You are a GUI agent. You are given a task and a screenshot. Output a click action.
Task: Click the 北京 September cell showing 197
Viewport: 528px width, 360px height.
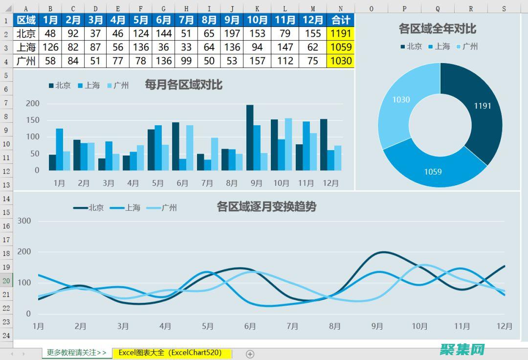click(232, 34)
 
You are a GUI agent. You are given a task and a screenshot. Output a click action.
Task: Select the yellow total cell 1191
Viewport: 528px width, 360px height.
click(341, 34)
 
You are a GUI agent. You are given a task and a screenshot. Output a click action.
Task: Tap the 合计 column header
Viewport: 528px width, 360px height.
click(341, 20)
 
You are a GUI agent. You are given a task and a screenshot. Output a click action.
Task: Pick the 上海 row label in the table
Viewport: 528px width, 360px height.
click(26, 47)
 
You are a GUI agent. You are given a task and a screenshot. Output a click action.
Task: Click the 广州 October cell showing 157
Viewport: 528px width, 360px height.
click(257, 61)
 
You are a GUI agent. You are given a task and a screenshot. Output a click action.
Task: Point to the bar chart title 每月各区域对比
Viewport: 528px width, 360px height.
click(183, 85)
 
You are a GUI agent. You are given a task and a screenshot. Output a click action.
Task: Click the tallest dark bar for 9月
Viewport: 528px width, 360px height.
click(250, 137)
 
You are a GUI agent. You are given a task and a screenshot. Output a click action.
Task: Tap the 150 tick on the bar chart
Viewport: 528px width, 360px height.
click(33, 120)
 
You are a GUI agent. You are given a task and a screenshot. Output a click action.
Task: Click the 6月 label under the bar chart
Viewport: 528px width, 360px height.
click(182, 183)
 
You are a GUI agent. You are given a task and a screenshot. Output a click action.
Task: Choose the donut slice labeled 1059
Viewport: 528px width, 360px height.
click(433, 169)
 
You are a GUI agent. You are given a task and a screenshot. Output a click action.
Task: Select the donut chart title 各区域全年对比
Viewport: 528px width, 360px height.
click(437, 29)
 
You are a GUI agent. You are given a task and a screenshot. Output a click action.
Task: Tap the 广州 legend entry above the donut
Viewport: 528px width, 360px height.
click(466, 46)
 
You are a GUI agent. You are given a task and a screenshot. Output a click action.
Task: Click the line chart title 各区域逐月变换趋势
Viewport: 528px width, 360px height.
click(266, 206)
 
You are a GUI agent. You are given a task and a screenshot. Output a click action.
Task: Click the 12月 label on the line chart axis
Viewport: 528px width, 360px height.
click(505, 326)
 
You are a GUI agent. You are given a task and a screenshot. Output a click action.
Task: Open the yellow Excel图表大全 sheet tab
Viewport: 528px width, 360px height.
click(172, 353)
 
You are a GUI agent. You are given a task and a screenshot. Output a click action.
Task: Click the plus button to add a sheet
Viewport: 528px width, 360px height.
click(250, 354)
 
